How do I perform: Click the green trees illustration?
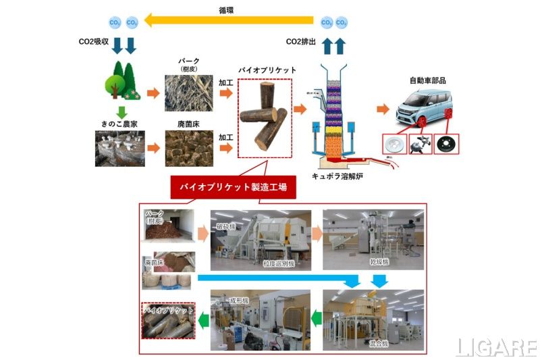coord(121,80)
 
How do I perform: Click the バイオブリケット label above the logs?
coord(265,70)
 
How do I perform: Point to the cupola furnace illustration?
coord(336,115)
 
